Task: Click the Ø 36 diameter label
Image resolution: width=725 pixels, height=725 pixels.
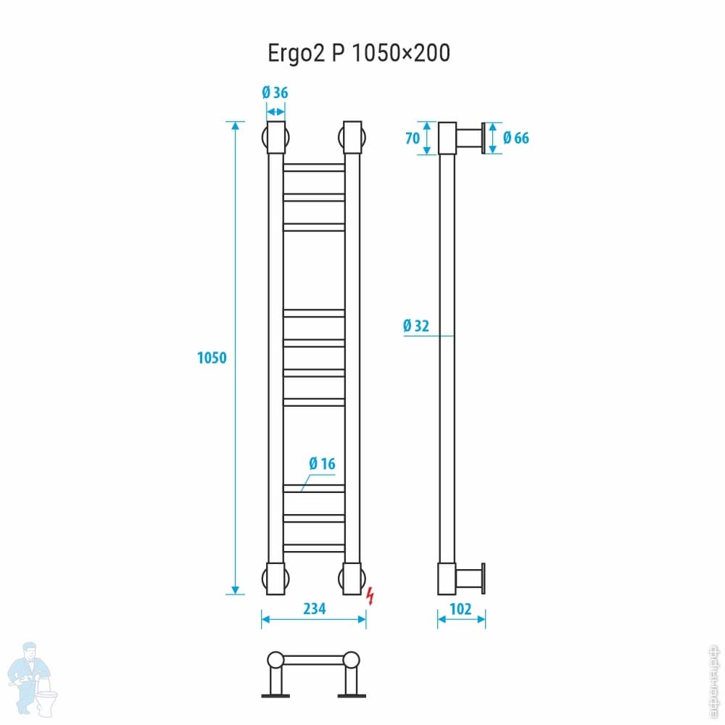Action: coord(275,93)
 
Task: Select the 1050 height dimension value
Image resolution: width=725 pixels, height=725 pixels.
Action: coord(212,357)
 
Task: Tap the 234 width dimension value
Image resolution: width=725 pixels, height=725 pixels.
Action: coord(314,609)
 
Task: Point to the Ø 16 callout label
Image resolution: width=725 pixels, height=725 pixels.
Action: coord(322,463)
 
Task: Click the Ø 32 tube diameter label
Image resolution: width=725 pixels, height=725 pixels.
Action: coord(416,326)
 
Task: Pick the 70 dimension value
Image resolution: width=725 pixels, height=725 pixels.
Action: coord(413,138)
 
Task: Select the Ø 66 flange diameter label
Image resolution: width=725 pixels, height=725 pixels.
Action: coord(515,138)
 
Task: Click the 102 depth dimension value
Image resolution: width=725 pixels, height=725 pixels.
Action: coord(461,609)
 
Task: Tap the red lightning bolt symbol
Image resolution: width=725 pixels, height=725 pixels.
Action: coord(371,595)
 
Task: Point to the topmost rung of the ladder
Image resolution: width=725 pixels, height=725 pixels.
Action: coord(314,167)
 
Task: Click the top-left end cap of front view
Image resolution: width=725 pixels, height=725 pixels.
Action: coord(275,138)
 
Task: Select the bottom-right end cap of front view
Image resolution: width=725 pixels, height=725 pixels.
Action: coord(352,578)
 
